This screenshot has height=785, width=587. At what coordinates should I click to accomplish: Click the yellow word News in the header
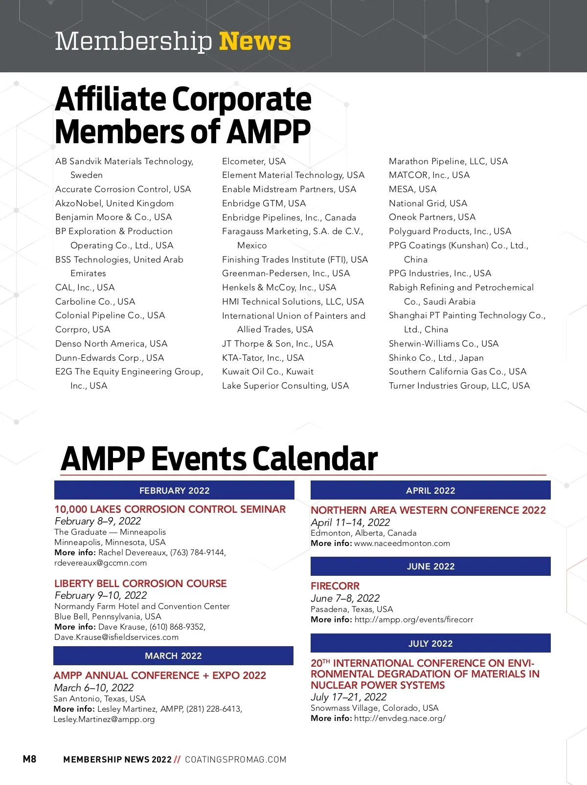(x=255, y=41)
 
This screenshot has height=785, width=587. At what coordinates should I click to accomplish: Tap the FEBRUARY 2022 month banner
(x=174, y=490)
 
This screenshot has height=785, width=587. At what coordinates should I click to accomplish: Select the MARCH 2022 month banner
(x=173, y=656)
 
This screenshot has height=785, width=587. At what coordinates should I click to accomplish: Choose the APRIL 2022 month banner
(x=430, y=490)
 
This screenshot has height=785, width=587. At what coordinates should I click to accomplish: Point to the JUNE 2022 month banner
(x=430, y=567)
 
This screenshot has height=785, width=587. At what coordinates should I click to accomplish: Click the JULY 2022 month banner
(x=430, y=643)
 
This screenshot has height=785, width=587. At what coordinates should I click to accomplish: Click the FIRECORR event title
(x=335, y=586)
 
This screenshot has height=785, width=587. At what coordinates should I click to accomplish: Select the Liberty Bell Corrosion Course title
(x=140, y=584)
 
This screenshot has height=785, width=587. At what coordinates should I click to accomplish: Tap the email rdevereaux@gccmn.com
(x=100, y=563)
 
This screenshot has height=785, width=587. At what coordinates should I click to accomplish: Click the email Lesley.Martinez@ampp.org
(x=104, y=720)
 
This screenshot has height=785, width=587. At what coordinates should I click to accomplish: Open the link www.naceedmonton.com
(x=402, y=544)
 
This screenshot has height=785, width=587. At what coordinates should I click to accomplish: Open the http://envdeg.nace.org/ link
(x=400, y=719)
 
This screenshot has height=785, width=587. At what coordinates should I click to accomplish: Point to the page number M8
(x=29, y=759)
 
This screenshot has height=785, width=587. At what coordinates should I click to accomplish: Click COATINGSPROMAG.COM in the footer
(x=236, y=760)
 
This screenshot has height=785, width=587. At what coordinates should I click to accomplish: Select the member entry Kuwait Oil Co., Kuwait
(x=268, y=371)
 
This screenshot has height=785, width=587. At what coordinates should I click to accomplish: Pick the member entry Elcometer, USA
(x=254, y=161)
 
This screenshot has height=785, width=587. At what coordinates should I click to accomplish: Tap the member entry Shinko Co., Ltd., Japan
(x=436, y=358)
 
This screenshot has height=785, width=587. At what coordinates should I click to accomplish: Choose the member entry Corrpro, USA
(x=83, y=329)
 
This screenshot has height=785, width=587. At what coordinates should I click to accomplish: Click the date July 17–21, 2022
(x=348, y=697)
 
